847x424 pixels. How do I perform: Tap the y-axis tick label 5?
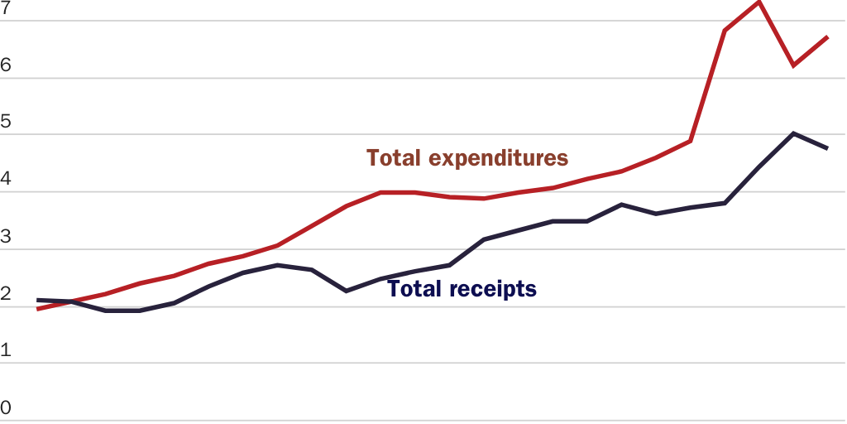pos(6,122)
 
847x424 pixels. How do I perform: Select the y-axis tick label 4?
pos(6,179)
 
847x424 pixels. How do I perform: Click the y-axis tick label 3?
pos(6,236)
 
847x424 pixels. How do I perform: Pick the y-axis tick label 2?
pos(6,293)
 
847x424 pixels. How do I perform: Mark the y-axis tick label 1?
pos(6,350)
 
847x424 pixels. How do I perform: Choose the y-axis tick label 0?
pos(6,407)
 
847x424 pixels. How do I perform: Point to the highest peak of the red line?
pos(758,2)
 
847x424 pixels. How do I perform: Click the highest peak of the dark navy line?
pos(793,133)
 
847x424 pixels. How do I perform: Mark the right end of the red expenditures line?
pos(828,37)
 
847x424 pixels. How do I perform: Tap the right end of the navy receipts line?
pos(828,148)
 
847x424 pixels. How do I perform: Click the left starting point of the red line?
pos(38,309)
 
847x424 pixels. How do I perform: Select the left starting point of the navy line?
pos(38,300)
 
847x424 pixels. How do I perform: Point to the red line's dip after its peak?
pos(793,65)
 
